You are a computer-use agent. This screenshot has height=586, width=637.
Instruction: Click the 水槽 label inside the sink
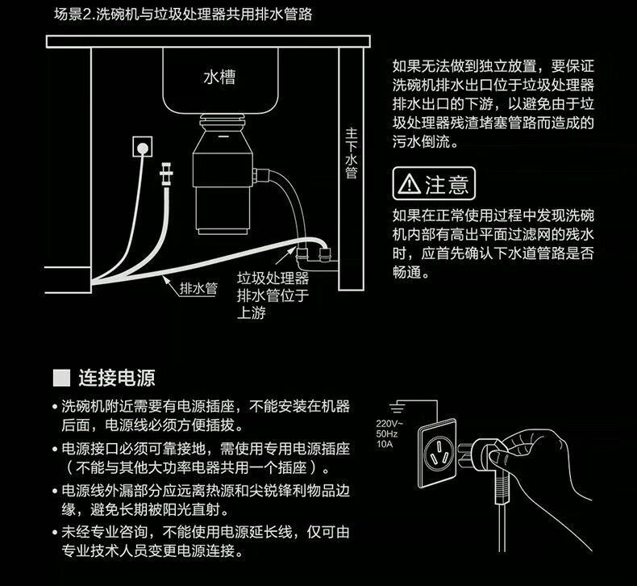click(219, 77)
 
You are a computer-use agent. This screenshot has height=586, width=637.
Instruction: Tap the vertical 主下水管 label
click(351, 153)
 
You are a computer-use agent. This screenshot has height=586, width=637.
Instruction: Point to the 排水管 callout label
click(198, 288)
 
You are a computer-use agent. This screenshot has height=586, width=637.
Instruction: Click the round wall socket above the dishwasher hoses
click(143, 147)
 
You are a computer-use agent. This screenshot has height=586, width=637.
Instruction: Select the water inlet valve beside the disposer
click(166, 174)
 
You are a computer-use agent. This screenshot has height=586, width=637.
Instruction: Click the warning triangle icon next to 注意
click(410, 184)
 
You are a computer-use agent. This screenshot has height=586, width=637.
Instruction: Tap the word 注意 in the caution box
click(447, 184)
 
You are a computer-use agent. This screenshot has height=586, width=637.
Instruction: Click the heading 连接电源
click(117, 378)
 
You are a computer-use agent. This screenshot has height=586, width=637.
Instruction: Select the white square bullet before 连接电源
click(62, 378)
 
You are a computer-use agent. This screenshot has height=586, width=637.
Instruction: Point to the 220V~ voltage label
click(389, 423)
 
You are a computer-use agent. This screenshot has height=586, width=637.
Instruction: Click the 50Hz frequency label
click(387, 433)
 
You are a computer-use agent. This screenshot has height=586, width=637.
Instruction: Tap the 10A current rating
click(385, 444)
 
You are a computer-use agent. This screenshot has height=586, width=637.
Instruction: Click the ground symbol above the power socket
click(397, 407)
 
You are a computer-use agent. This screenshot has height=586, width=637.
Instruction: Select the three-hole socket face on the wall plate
click(439, 453)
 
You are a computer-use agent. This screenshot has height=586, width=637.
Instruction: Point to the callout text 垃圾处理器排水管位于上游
click(273, 295)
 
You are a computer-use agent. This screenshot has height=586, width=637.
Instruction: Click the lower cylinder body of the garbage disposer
click(222, 209)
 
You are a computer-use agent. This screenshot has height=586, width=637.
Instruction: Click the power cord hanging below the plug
click(502, 529)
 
